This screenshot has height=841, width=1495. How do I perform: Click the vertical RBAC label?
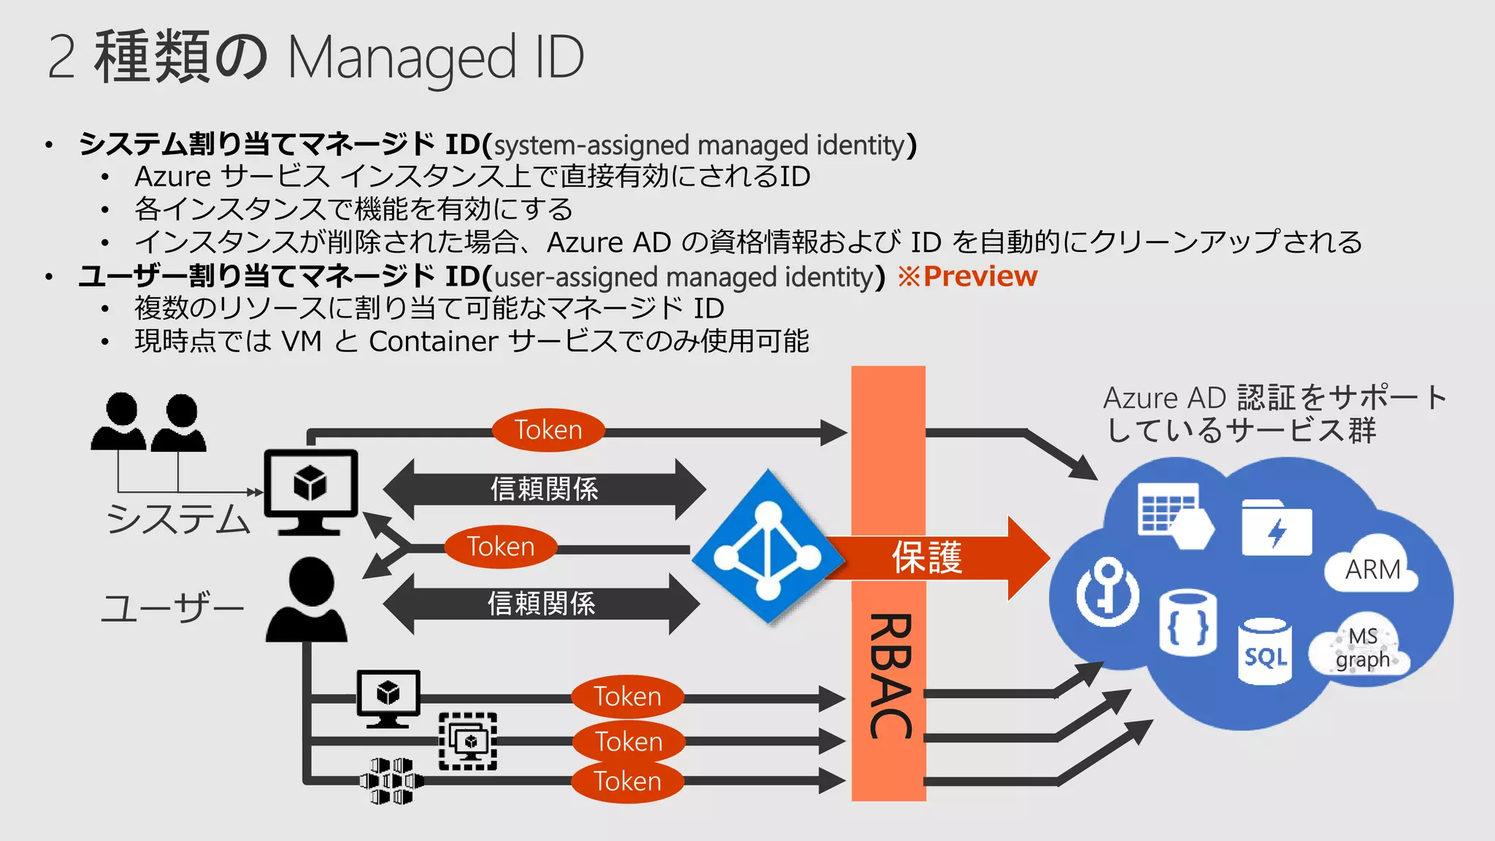point(890,676)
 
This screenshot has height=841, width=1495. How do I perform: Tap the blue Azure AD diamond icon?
point(768,548)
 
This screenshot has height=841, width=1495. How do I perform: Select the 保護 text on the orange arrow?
point(927,558)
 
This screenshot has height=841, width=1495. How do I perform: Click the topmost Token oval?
point(548,430)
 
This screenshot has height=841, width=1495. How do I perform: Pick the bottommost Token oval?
point(627,781)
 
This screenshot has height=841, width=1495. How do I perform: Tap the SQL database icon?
point(1265,652)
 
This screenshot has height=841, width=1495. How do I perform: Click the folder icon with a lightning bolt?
point(1276,528)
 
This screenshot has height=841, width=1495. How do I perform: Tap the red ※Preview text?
point(967,277)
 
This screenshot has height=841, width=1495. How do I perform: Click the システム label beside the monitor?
point(179,519)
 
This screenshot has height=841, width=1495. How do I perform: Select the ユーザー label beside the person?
point(172,607)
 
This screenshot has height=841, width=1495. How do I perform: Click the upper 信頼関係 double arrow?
point(544,489)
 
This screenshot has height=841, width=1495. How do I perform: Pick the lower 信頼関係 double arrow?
point(541,604)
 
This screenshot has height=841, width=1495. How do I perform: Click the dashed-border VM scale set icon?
point(468,742)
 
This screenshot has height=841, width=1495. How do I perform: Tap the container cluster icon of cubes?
point(391,781)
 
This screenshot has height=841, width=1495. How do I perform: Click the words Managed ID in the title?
point(436,58)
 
